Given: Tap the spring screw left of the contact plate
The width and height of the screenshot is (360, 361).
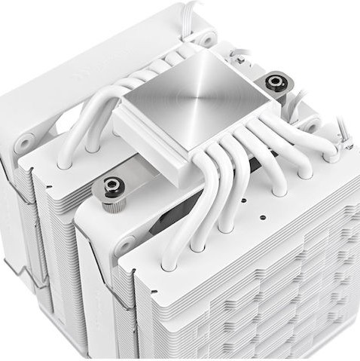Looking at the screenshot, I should click(113, 186).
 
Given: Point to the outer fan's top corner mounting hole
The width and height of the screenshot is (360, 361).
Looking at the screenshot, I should click(204, 38).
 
